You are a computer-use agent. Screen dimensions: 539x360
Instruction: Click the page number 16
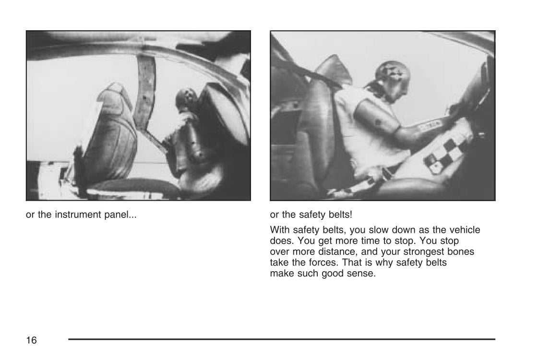(31, 340)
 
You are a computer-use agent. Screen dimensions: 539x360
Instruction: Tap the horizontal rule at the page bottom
(282, 339)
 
